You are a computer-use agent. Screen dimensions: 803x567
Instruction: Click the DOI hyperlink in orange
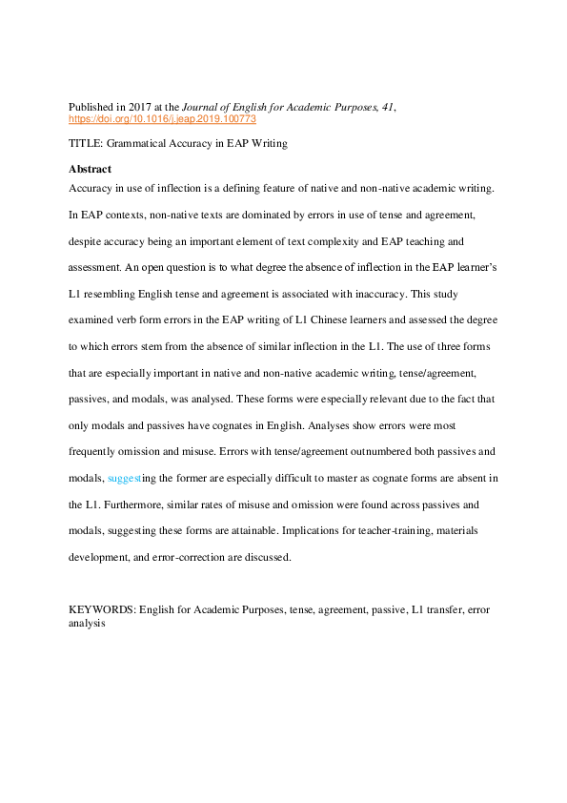click(x=163, y=121)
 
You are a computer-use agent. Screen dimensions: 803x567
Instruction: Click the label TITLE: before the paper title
click(x=86, y=143)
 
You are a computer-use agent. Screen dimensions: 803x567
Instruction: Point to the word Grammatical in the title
click(x=134, y=143)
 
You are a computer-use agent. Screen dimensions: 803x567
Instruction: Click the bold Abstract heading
click(x=90, y=169)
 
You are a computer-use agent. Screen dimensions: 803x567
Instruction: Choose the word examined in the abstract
click(x=93, y=319)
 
